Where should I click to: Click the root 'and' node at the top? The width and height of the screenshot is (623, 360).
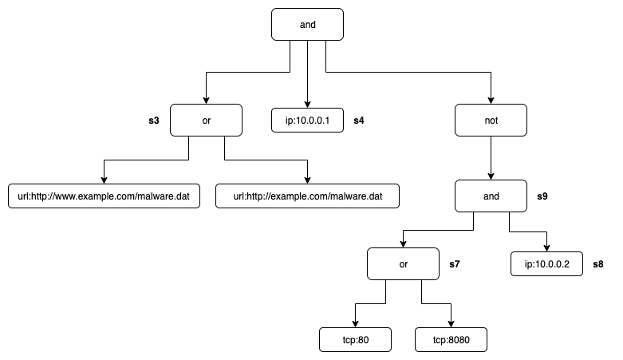click(307, 24)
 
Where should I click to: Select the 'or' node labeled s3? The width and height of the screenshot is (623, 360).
click(206, 120)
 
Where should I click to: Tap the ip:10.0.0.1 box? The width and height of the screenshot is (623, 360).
click(307, 120)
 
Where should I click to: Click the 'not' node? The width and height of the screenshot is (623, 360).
click(491, 120)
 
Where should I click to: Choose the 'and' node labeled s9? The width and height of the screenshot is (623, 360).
click(491, 196)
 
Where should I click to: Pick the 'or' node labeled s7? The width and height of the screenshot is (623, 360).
click(403, 263)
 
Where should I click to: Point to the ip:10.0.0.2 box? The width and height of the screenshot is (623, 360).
click(546, 263)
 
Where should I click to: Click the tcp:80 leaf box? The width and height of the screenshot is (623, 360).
click(355, 340)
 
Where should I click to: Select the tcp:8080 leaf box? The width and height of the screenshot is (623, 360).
click(451, 340)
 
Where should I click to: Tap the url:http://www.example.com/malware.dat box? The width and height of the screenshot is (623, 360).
click(104, 196)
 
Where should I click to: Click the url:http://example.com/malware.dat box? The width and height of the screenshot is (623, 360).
click(307, 196)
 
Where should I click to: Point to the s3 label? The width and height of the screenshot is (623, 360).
click(154, 121)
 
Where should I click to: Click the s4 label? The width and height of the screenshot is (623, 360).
click(359, 121)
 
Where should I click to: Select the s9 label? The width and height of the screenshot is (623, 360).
click(542, 196)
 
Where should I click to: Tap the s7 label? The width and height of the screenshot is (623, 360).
click(455, 264)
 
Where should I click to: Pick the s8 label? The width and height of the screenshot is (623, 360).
click(598, 264)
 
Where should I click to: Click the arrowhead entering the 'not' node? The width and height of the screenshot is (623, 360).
click(491, 101)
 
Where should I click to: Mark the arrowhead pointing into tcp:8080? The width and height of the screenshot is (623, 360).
click(451, 324)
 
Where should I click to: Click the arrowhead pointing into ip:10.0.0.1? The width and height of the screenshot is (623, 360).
click(307, 105)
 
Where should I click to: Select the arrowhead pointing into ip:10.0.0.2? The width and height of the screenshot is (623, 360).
click(546, 247)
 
